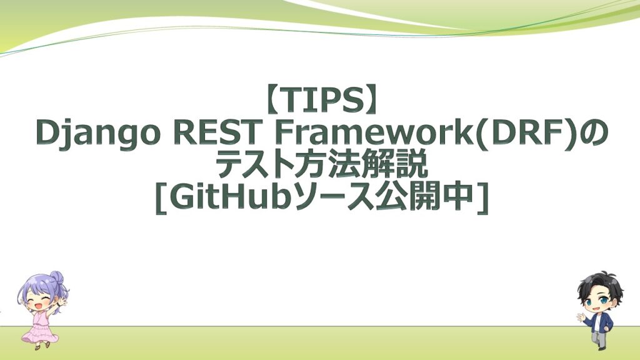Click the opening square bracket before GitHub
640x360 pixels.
click(x=162, y=199)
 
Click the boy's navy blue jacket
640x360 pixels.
click(x=601, y=322)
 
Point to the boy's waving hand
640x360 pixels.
click(x=580, y=316)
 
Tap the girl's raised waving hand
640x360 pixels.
click(x=62, y=302)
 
